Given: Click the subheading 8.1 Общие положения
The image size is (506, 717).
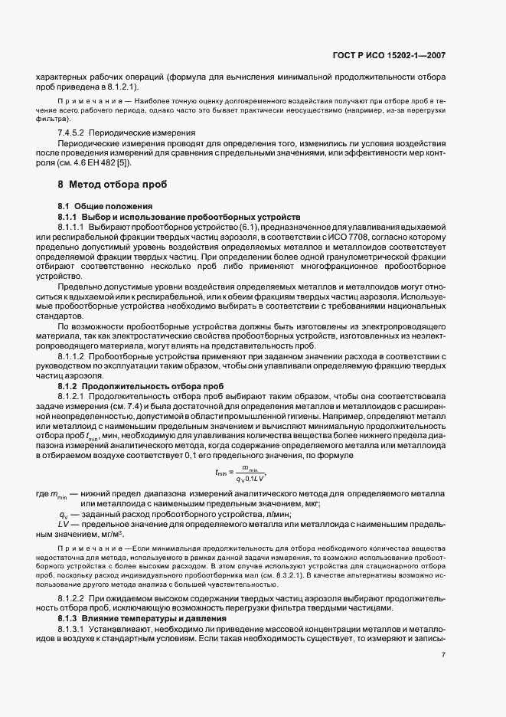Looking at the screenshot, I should click(x=105, y=207).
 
